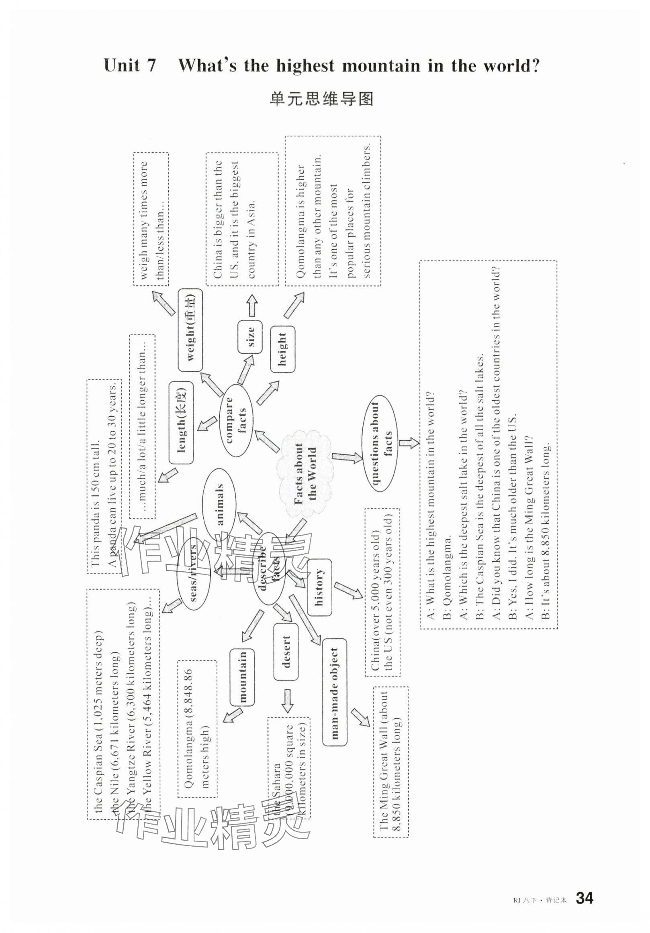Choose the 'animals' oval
(219, 503)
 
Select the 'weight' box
(190, 330)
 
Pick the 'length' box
(181, 423)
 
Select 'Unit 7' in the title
(130, 65)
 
